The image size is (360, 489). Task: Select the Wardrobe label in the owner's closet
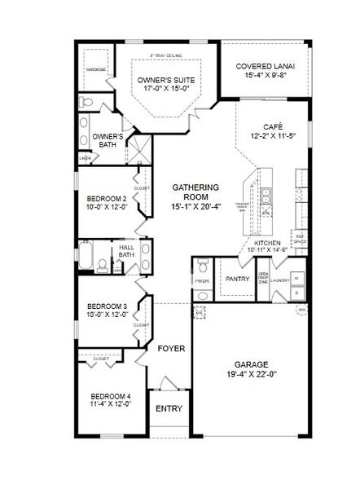click(x=95, y=70)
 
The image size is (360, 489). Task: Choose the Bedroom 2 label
click(x=106, y=199)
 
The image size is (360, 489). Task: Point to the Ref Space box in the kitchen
click(x=299, y=240)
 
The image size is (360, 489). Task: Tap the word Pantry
click(x=237, y=279)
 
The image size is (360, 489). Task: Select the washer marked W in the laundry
click(x=296, y=278)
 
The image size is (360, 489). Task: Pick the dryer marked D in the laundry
click(x=296, y=295)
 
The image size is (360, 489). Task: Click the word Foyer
click(x=172, y=349)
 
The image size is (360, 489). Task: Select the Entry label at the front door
click(x=169, y=408)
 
